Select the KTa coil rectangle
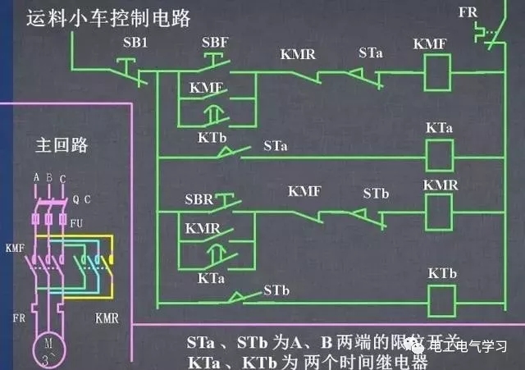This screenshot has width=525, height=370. (x=436, y=153)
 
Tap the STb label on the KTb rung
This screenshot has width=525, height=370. (x=276, y=290)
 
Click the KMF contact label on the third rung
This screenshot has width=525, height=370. (x=304, y=192)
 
